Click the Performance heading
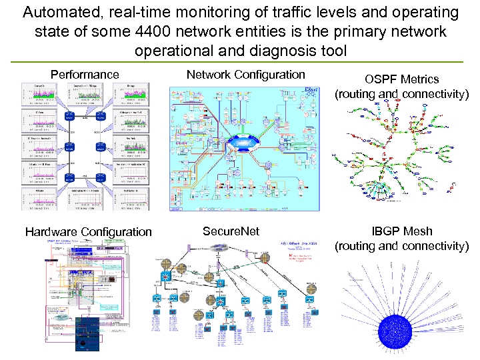tap(85, 75)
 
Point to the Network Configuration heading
tap(245, 74)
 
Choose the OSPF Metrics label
tap(401, 79)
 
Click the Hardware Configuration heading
tap(88, 232)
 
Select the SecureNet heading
tap(231, 231)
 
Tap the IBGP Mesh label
tap(401, 231)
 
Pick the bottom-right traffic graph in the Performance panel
tap(131, 196)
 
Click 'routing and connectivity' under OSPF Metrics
tap(401, 94)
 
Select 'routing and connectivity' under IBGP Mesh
tap(401, 246)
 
